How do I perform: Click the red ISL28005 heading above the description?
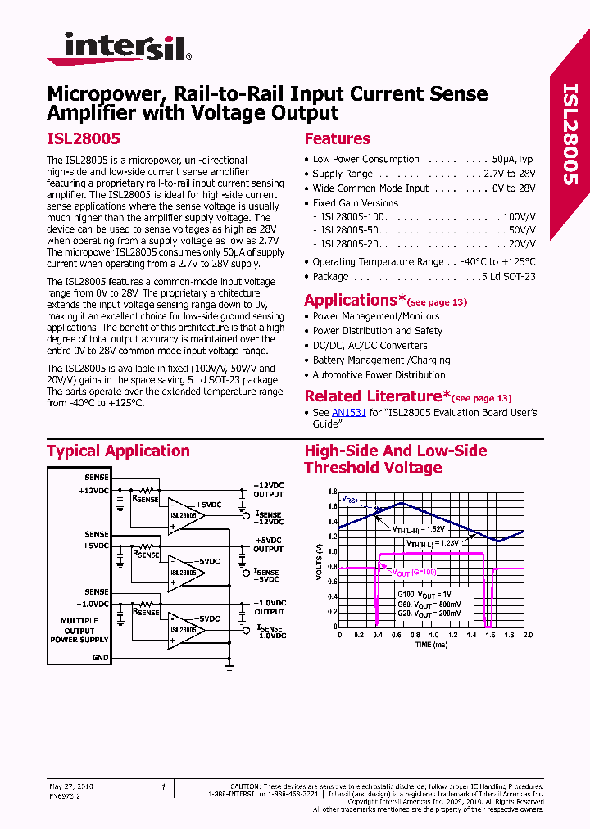[84, 139]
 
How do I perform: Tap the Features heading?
[337, 139]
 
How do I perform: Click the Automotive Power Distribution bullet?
[379, 375]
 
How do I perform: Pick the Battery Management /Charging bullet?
[381, 360]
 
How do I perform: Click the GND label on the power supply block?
[100, 658]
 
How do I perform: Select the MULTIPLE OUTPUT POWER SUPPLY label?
[79, 630]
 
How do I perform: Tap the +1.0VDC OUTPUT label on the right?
[269, 607]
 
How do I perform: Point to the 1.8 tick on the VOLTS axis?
[331, 492]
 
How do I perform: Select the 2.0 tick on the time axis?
[527, 635]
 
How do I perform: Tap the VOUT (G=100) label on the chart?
[414, 573]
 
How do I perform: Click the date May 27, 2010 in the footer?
[71, 786]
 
